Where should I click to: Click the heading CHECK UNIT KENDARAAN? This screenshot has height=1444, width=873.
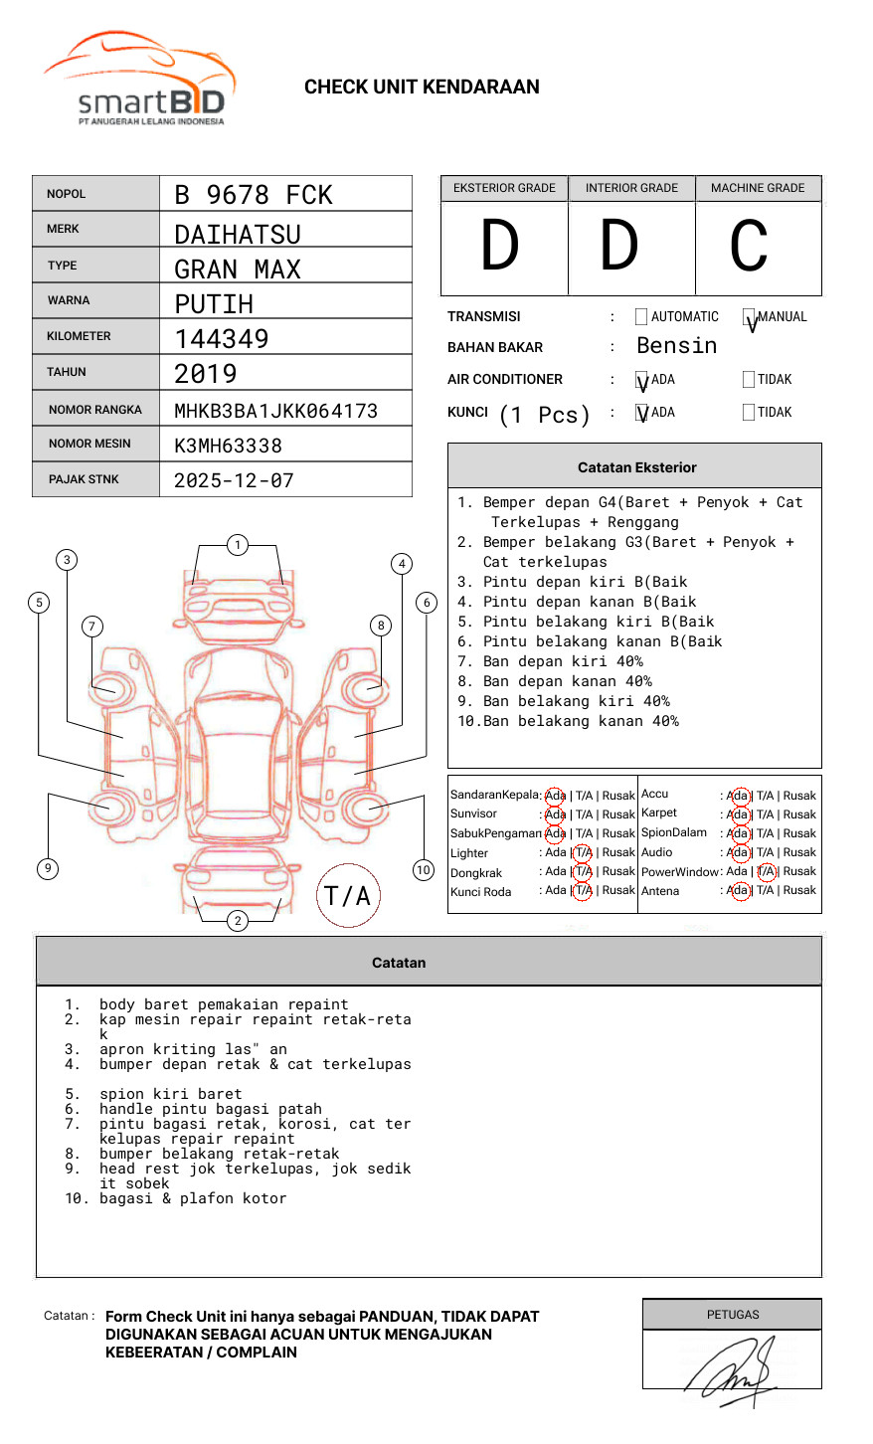[x=422, y=88]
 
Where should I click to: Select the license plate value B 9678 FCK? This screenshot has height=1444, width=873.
[x=254, y=195]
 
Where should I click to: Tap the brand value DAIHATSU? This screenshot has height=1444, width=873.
[x=238, y=235]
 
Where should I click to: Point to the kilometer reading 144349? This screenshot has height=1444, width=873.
[x=222, y=339]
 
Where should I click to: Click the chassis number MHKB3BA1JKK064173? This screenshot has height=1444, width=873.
[x=276, y=411]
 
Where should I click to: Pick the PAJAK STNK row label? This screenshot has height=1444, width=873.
[x=84, y=479]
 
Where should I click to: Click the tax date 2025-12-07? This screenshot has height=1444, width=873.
[x=234, y=480]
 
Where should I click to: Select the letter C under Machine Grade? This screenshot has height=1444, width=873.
[x=749, y=246]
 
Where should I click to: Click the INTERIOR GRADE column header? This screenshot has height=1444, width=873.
[x=631, y=188]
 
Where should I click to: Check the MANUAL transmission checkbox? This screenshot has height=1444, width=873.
[x=749, y=317]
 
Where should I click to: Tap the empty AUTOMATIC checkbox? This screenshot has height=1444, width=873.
[x=641, y=317]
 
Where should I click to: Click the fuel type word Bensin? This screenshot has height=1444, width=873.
[x=676, y=346]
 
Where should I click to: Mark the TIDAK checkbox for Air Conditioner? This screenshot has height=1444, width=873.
[x=749, y=379]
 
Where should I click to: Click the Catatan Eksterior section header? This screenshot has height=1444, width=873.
[x=636, y=467]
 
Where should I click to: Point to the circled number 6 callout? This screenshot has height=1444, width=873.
[x=427, y=602]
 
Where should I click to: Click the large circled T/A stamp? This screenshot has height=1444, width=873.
[x=348, y=895]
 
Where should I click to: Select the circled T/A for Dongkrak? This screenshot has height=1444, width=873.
[x=583, y=872]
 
